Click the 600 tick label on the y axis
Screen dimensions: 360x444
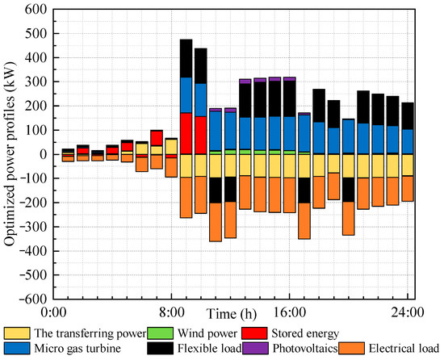tap(35, 10)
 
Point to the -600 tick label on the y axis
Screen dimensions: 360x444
tap(32, 298)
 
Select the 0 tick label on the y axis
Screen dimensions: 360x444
tap(43, 154)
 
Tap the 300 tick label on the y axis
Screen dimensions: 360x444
tap(35, 82)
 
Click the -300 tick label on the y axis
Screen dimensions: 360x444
tap(32, 226)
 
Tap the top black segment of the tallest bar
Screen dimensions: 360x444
tap(186, 58)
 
